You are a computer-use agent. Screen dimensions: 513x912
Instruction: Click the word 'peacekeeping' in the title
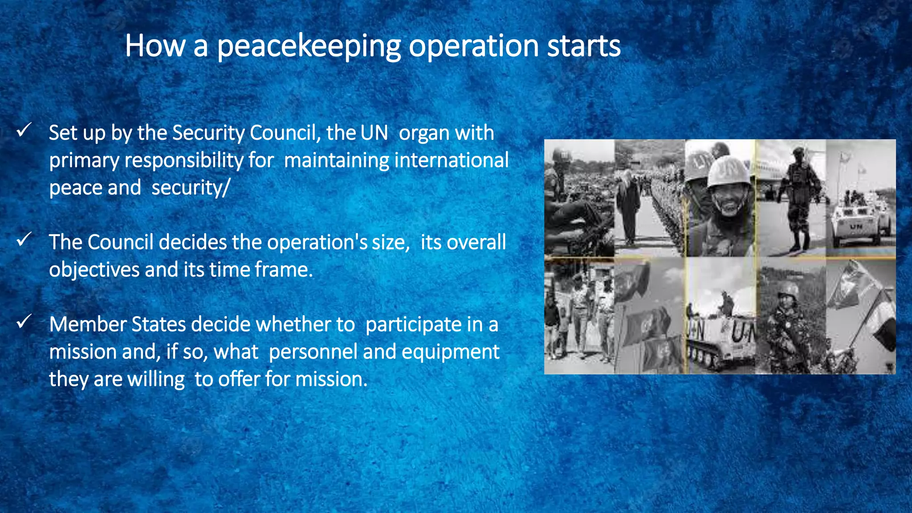tap(308, 46)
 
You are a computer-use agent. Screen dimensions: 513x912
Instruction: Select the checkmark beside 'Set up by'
tap(24, 130)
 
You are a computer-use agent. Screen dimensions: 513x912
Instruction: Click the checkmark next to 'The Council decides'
tap(24, 239)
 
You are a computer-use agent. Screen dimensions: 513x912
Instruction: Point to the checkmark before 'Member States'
tap(24, 321)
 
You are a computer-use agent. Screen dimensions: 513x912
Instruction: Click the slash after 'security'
tap(226, 188)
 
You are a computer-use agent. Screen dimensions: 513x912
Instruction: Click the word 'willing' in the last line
tap(156, 379)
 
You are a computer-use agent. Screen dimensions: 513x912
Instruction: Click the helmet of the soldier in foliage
tap(789, 290)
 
